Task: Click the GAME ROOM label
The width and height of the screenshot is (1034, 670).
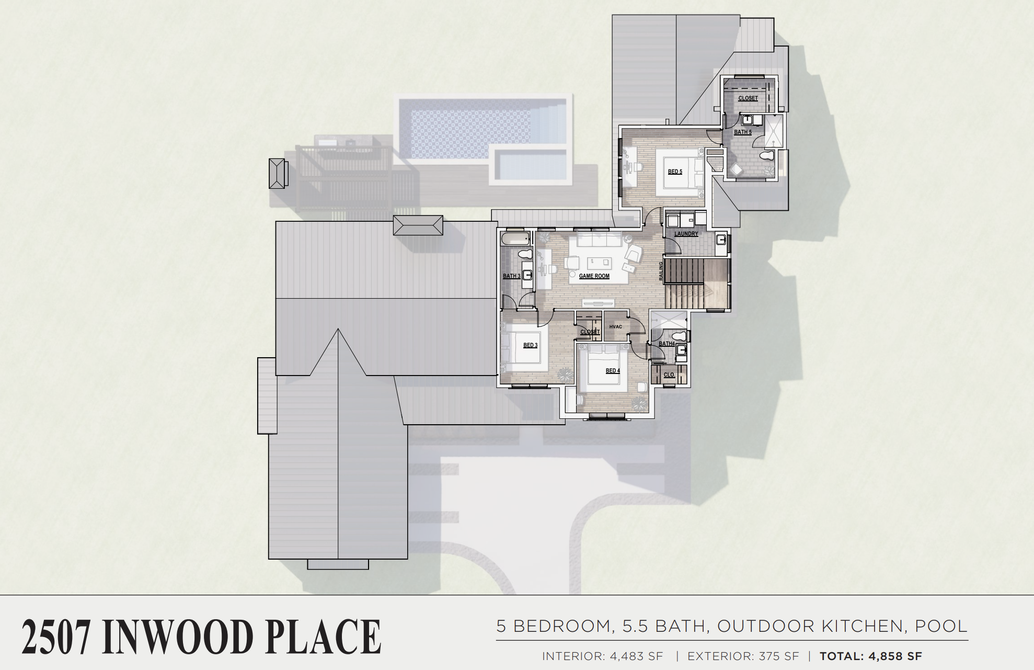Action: click(594, 276)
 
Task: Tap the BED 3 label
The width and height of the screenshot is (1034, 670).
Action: click(530, 345)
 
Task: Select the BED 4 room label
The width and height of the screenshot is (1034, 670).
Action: click(613, 371)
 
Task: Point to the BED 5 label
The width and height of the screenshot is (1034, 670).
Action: click(675, 172)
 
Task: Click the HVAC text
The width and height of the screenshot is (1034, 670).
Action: click(616, 327)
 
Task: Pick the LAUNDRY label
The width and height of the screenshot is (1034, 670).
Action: click(686, 234)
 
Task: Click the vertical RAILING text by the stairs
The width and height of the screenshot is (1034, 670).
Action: click(661, 272)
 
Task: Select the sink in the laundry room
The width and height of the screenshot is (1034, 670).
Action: click(721, 240)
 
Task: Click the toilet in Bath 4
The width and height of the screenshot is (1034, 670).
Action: click(679, 335)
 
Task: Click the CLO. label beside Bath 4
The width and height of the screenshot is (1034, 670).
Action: click(669, 375)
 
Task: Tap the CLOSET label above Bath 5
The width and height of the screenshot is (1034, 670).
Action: click(748, 98)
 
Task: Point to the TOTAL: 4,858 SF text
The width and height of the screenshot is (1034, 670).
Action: click(871, 656)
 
